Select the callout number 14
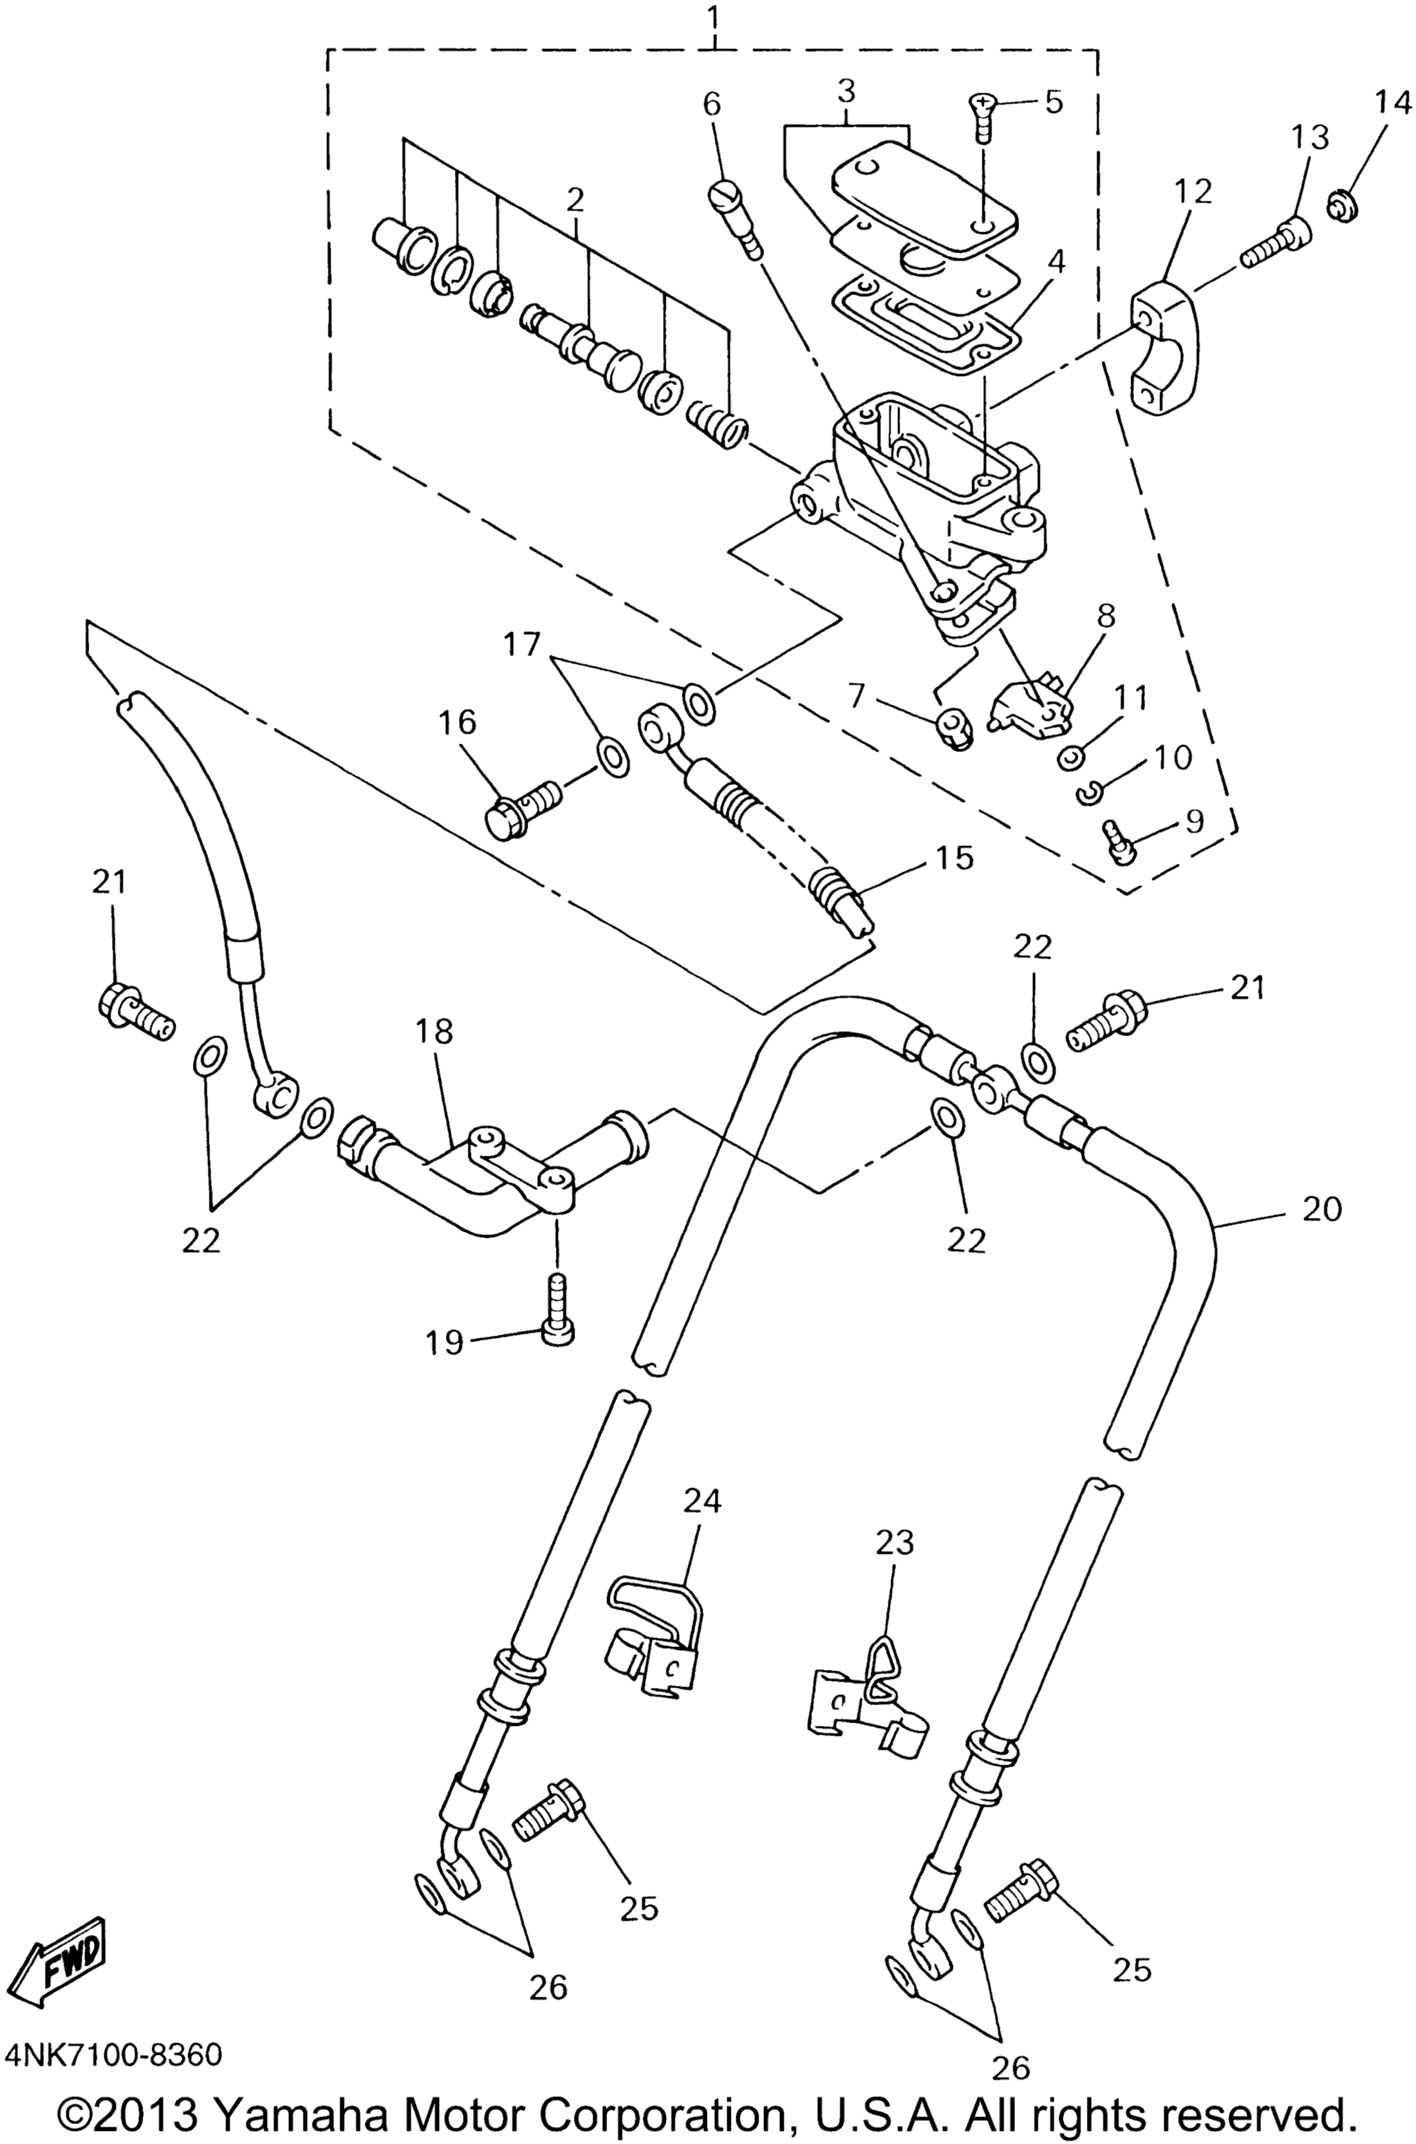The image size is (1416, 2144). pos(1392,104)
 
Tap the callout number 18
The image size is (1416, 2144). pos(434,1031)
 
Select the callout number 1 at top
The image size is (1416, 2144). pos(714,15)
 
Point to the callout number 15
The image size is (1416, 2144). pos(955,856)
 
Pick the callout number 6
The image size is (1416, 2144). pos(711,104)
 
